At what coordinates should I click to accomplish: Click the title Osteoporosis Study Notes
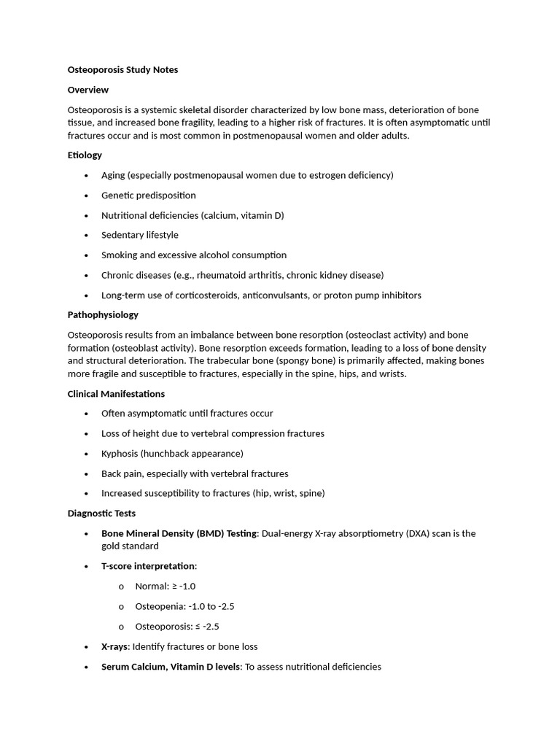(122, 70)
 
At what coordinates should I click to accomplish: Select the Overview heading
(88, 90)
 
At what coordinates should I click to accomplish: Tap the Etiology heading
(85, 155)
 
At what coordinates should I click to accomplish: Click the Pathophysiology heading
(103, 315)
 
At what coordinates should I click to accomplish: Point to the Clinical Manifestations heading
(116, 394)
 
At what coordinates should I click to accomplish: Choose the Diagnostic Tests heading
(101, 514)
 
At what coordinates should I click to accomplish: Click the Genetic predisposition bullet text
(149, 196)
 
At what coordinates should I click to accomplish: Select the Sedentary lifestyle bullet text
(140, 235)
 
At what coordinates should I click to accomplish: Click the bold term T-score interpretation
(148, 566)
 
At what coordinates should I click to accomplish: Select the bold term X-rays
(114, 646)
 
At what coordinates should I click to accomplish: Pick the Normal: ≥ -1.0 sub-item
(166, 587)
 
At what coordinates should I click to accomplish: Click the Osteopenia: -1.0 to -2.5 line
(184, 606)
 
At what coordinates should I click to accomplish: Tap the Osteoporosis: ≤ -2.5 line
(177, 627)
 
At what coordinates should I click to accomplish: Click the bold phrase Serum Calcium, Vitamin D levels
(171, 667)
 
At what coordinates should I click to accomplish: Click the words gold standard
(130, 546)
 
